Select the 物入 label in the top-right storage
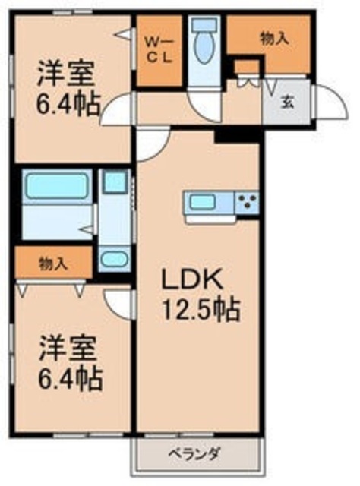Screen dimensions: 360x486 275,39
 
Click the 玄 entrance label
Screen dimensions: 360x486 287,103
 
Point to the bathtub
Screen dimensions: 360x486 56,186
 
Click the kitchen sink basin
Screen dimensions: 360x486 203,202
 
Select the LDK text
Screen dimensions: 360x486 191,279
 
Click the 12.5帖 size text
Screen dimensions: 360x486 200,309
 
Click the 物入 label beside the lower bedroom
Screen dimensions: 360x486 53,264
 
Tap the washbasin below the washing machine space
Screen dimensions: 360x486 115,259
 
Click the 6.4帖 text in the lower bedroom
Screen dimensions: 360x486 69,378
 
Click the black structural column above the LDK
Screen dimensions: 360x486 237,136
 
